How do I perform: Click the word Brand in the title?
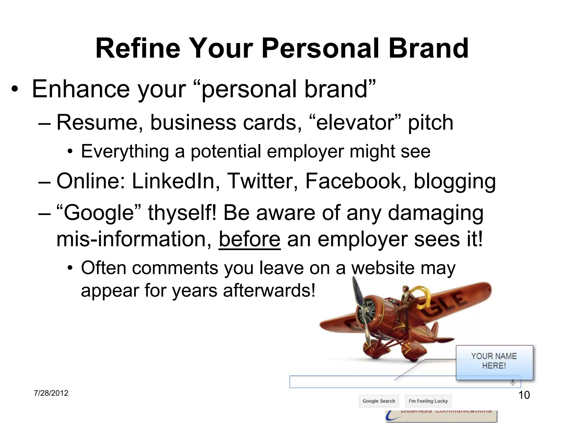429,49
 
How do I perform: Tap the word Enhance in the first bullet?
80,89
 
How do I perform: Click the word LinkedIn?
173,181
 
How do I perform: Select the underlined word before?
250,239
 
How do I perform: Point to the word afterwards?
269,290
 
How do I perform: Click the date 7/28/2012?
51,393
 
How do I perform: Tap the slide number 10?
524,395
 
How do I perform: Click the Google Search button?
379,401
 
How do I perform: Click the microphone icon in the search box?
513,382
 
